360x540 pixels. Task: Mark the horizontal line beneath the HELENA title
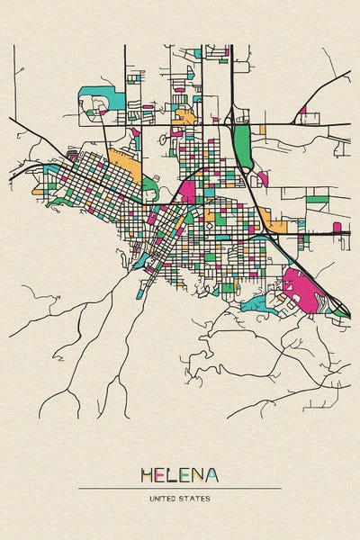180,488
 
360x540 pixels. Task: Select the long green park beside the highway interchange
242,146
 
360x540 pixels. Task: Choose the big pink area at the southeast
302,290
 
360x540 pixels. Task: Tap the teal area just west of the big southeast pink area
257,302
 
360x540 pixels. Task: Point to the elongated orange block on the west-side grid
124,167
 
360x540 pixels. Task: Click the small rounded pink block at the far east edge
337,228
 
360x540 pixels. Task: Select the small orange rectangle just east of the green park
262,130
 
